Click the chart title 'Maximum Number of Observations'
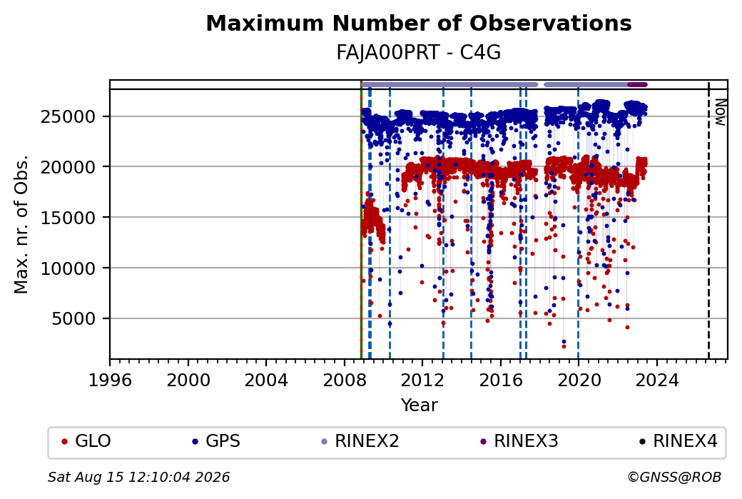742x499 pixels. click(419, 23)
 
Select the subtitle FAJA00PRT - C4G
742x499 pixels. click(418, 53)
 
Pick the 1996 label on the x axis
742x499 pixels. click(110, 380)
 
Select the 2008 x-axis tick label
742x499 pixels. click(344, 380)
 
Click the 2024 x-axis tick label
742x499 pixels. click(656, 380)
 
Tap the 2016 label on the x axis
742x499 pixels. click(500, 380)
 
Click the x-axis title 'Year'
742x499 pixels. click(419, 405)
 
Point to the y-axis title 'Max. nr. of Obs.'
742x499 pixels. click(21, 224)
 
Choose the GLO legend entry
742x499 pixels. click(86, 441)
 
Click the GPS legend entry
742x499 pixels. click(216, 441)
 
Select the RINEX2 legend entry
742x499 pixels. click(360, 441)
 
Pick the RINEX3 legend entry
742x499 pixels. click(519, 441)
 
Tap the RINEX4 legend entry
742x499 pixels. click(679, 441)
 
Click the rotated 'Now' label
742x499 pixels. click(720, 112)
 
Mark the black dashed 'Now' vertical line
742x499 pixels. click(708, 221)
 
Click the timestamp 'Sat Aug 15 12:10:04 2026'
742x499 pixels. click(138, 477)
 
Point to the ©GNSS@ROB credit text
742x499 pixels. click(674, 477)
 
